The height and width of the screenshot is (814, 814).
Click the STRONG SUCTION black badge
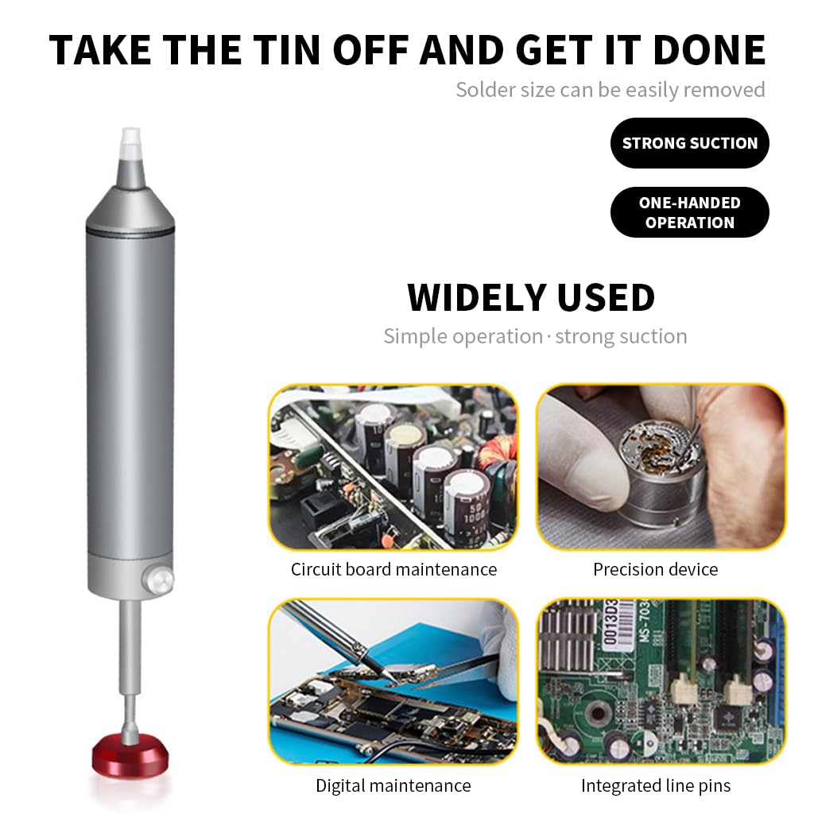tap(689, 143)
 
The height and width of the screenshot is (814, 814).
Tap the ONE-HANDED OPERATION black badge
tap(689, 212)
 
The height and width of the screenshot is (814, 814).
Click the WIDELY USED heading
tap(531, 297)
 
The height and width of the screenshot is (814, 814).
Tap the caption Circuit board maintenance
tap(393, 569)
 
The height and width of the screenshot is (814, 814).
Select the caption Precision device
tap(655, 569)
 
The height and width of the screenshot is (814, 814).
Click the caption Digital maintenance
tap(393, 785)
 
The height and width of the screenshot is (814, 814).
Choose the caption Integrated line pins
tap(655, 785)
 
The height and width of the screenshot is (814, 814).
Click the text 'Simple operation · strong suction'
tap(535, 336)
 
